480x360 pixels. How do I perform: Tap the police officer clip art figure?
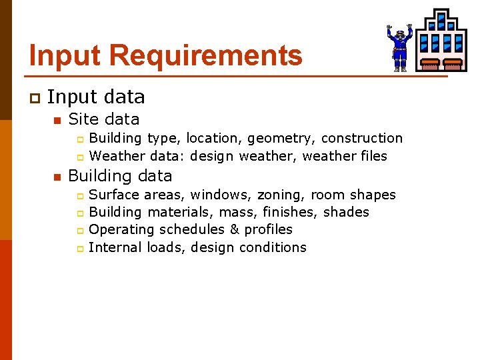point(399,47)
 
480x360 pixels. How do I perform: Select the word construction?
point(362,138)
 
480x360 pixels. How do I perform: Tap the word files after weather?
point(372,156)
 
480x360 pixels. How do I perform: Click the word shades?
point(346,212)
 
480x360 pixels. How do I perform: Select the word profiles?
point(269,230)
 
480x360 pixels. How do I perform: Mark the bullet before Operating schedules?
point(79,230)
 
